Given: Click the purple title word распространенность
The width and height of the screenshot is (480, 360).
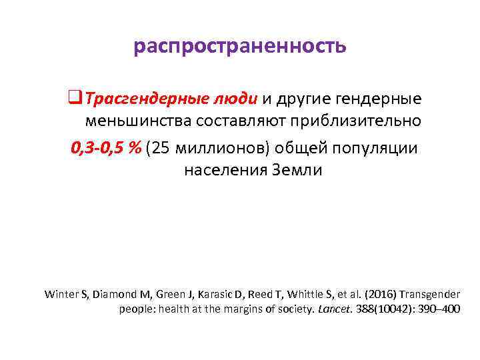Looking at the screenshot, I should point(240,47).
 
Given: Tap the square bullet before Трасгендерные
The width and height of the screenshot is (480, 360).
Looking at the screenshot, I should point(74,99).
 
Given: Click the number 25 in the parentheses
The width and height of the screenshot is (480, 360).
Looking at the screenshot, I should point(162,147).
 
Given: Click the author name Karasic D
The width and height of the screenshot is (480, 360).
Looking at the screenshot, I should point(243,294).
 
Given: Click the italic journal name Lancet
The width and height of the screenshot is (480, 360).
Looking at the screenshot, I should point(334,309).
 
